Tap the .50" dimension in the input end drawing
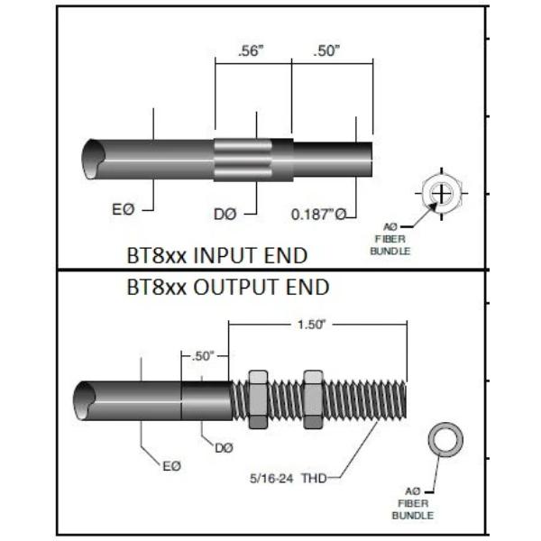327,51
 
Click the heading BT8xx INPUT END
216,256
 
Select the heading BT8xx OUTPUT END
227,289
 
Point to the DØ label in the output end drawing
224,446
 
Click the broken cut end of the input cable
91,157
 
